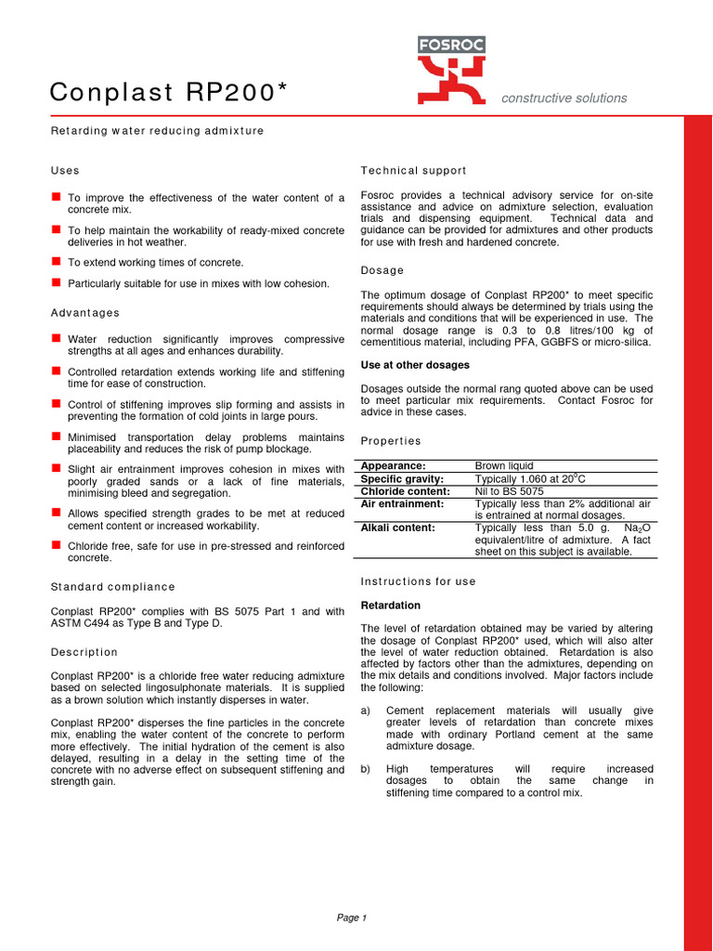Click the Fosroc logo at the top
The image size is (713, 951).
tap(451, 70)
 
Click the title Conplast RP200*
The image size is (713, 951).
tap(168, 92)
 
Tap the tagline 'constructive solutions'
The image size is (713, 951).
tap(564, 98)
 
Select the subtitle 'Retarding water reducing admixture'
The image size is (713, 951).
tap(157, 131)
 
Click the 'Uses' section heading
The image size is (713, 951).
tap(65, 171)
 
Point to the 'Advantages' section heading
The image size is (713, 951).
tap(84, 313)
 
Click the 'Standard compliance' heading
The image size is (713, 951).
tap(112, 587)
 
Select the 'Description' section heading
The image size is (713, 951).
tap(84, 653)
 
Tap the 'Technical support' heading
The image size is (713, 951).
tap(413, 171)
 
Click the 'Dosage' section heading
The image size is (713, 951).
tap(382, 270)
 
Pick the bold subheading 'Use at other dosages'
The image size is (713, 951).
tap(415, 366)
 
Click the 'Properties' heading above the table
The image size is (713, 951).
tap(391, 441)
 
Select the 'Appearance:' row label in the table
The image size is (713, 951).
tap(393, 466)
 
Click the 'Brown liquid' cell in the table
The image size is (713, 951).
tap(504, 466)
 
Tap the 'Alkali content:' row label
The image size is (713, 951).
tap(397, 528)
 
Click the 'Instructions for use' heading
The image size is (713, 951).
tap(418, 581)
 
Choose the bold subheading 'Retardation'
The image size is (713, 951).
tap(391, 606)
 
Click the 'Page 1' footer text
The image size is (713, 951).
tap(352, 918)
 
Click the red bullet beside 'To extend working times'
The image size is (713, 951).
tap(56, 262)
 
